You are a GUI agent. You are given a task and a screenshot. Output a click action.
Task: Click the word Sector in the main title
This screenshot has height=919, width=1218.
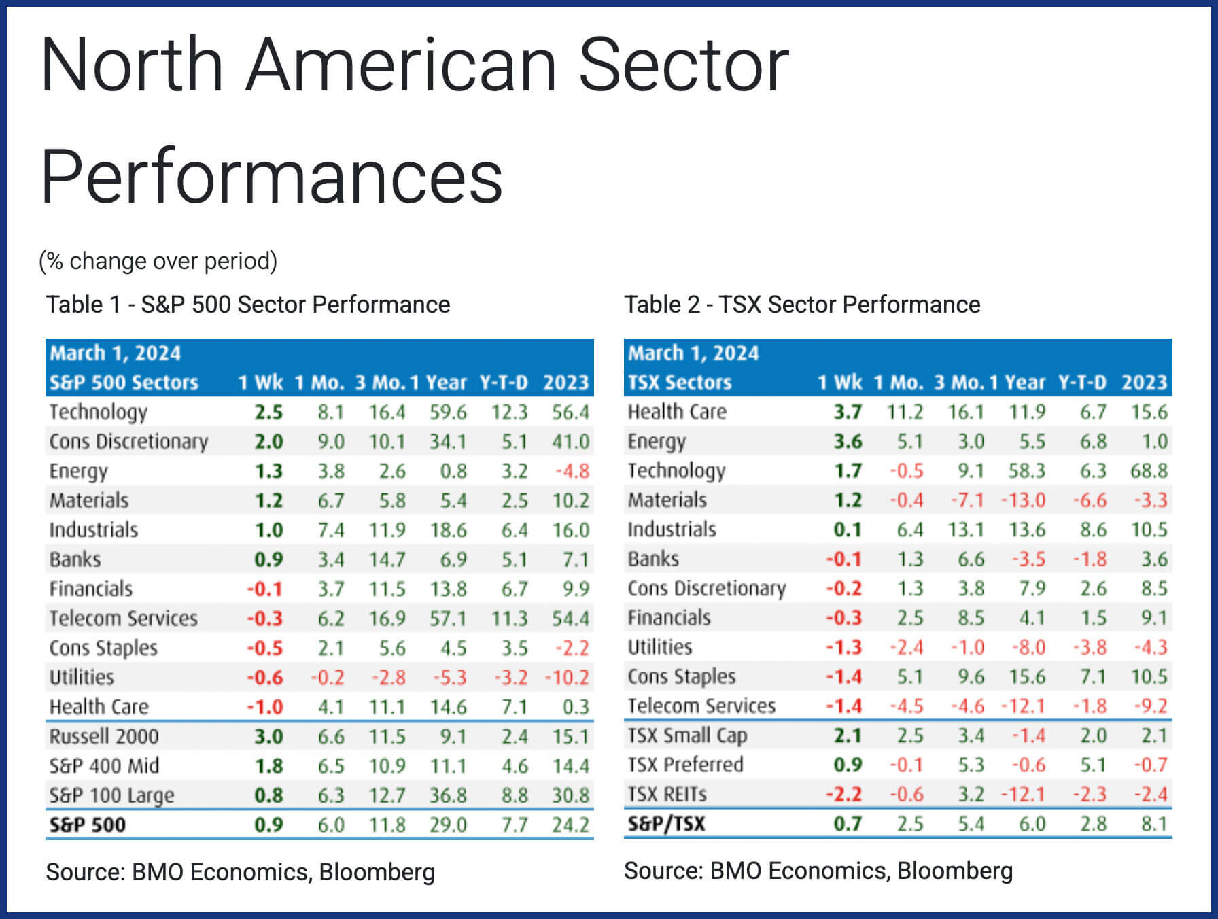(683, 65)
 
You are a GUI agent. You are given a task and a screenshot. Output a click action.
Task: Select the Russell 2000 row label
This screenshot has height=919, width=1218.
(104, 736)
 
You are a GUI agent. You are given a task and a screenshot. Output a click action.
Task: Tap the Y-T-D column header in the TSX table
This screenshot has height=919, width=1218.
(1082, 383)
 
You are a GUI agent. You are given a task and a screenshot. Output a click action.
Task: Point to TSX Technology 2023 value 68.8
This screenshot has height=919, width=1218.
(1149, 470)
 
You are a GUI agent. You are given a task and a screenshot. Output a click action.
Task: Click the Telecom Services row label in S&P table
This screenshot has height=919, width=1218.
(124, 619)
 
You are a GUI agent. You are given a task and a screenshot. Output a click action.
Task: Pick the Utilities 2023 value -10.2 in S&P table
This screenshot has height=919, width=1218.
(566, 678)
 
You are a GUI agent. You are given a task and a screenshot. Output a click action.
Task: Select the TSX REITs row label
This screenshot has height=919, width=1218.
(667, 794)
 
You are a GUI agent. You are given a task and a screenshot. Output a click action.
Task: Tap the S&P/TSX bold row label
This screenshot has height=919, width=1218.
(666, 824)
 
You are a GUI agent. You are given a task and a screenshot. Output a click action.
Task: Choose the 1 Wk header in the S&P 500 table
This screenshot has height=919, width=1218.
(260, 383)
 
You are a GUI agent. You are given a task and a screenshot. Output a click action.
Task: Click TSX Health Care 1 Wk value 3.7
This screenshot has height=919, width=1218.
(848, 412)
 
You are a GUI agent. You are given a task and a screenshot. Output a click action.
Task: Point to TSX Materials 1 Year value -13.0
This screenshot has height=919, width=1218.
(1022, 500)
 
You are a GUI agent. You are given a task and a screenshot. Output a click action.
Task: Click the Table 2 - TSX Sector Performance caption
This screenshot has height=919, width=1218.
(802, 305)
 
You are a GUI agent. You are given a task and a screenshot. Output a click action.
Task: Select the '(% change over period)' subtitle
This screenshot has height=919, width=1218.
(158, 261)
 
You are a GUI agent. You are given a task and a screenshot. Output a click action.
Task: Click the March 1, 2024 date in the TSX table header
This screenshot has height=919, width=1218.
(693, 353)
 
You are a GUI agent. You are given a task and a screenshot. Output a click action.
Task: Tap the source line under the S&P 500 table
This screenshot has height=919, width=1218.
(240, 872)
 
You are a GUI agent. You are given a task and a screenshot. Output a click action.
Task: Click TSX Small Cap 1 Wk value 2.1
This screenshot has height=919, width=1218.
(848, 735)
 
